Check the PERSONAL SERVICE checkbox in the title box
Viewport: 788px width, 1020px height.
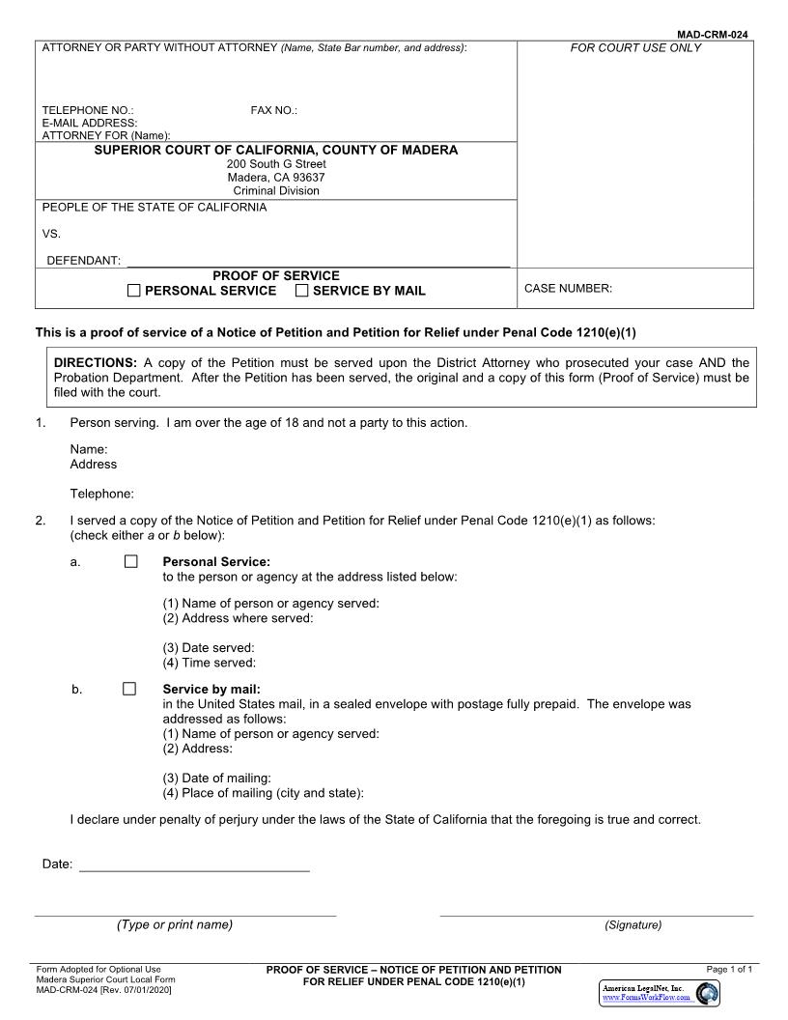(x=134, y=291)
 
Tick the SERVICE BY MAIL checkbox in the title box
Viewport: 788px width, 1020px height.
(x=302, y=291)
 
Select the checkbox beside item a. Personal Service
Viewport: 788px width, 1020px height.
(x=130, y=561)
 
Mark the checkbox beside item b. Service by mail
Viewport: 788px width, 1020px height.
(x=129, y=689)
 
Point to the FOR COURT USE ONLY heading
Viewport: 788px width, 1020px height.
(x=635, y=48)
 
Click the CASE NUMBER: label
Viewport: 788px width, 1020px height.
(x=568, y=289)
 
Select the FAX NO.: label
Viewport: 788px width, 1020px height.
(x=274, y=111)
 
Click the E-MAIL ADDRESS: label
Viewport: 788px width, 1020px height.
(x=90, y=124)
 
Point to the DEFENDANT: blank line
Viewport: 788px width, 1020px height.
(x=319, y=261)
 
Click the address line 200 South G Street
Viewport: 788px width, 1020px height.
(x=276, y=164)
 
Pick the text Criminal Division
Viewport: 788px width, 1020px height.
(x=276, y=191)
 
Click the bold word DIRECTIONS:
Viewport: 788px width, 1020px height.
(x=96, y=363)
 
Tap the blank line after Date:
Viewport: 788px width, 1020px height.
(x=194, y=865)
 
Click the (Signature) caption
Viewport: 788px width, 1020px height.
(x=633, y=925)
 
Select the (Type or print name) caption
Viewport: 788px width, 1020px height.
(x=175, y=925)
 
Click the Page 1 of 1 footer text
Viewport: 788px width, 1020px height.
(x=729, y=970)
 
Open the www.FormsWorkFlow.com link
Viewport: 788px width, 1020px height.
(x=646, y=998)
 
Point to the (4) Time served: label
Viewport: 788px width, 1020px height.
(x=209, y=663)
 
